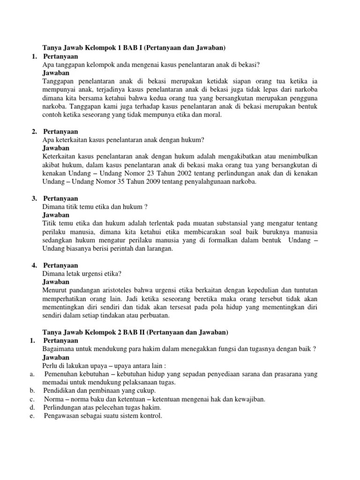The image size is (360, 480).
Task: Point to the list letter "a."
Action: tap(31, 374)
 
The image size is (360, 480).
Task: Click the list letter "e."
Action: tap(31, 416)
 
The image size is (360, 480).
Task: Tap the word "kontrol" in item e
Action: tap(150, 416)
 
